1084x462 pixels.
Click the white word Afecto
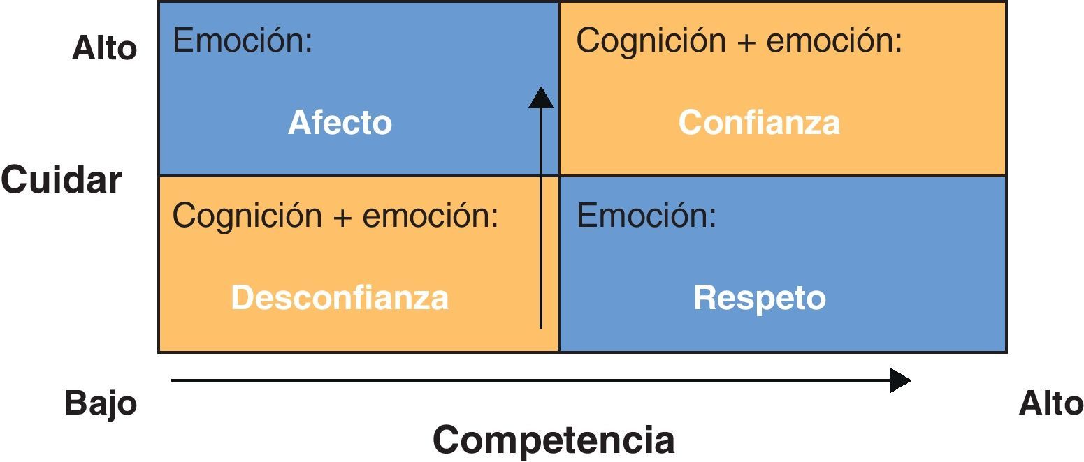tap(340, 123)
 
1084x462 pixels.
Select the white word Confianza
tap(759, 123)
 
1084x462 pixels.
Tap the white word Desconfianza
tap(340, 298)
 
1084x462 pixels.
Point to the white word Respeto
tap(759, 298)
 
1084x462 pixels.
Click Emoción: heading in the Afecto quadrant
tap(243, 41)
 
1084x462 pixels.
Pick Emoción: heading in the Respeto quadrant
tap(646, 216)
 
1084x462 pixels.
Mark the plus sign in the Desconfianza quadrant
tap(342, 217)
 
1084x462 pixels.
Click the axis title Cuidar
tap(62, 180)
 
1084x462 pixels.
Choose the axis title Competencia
tap(554, 440)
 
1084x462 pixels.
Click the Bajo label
tap(101, 403)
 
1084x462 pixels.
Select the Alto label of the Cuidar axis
tap(105, 49)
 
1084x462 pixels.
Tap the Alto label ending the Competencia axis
tap(1051, 403)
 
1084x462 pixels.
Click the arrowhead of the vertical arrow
tap(540, 98)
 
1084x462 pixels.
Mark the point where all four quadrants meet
tap(559, 176)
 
